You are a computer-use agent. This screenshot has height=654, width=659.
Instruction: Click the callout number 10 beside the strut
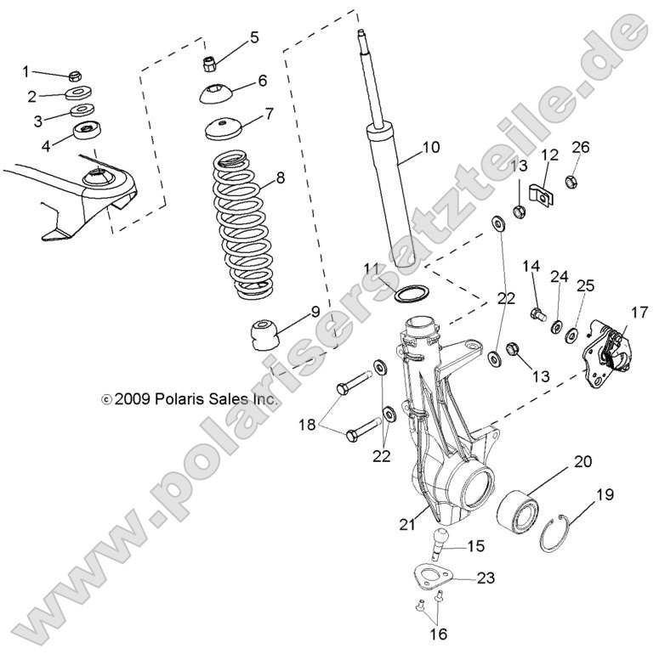tap(430, 148)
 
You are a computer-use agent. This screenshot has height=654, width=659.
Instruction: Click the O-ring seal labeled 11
tap(412, 294)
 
